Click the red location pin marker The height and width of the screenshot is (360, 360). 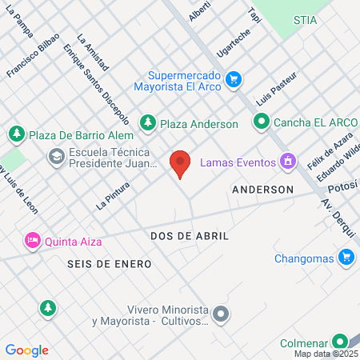tap(181, 163)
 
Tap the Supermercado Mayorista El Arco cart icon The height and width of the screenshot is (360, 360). tap(234, 79)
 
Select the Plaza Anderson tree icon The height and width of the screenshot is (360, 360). tap(147, 122)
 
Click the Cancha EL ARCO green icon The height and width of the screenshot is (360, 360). tap(261, 122)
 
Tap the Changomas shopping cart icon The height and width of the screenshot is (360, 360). tap(346, 257)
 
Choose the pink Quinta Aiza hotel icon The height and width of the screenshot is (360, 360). tap(32, 239)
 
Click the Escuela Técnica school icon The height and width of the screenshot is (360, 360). tap(57, 156)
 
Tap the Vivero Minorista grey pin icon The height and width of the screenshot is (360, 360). tap(222, 314)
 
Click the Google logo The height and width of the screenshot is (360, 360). tap(27, 350)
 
